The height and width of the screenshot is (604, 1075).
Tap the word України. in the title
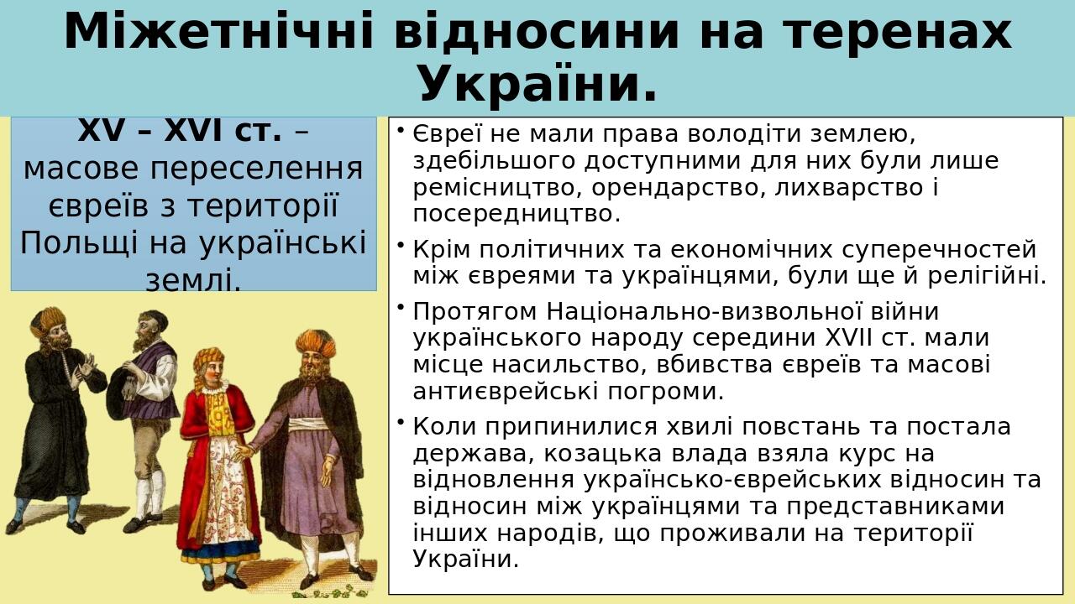coord(537,84)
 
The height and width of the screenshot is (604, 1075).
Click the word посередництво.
coord(517,214)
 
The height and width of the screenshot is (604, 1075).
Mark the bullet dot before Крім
coord(401,245)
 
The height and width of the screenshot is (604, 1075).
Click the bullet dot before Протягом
coord(401,307)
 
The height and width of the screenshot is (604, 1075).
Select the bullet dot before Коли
coord(401,422)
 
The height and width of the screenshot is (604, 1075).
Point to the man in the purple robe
coord(311,453)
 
